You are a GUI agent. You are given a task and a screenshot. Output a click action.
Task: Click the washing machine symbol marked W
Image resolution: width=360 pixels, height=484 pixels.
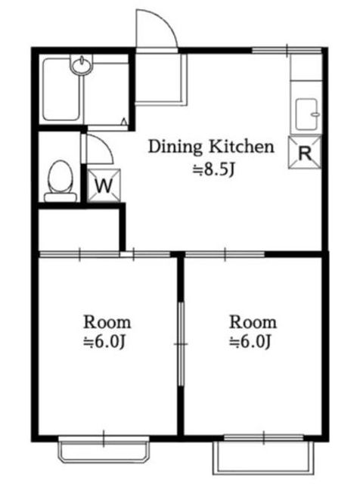tap(104, 185)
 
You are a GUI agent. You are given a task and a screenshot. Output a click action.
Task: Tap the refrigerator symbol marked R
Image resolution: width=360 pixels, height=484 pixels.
tap(305, 153)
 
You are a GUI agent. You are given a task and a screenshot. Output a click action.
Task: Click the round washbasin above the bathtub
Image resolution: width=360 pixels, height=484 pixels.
tap(81, 64)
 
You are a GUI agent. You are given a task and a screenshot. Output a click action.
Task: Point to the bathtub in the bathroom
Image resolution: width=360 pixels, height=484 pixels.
tap(61, 89)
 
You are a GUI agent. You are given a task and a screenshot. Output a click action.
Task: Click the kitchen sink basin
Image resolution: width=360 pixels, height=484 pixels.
tap(307, 114)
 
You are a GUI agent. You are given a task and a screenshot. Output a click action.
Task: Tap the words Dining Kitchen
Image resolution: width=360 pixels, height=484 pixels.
tap(211, 147)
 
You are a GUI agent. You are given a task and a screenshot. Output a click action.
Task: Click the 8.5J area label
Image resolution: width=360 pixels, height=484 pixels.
tap(214, 169)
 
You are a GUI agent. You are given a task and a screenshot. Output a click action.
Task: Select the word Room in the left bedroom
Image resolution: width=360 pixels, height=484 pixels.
tap(107, 322)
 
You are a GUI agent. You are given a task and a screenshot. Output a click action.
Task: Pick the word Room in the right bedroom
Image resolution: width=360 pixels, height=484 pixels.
tap(253, 322)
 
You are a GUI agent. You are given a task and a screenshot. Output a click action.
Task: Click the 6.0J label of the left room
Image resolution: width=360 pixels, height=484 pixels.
tap(104, 342)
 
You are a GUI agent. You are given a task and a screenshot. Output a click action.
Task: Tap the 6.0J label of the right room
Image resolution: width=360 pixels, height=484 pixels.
tap(250, 342)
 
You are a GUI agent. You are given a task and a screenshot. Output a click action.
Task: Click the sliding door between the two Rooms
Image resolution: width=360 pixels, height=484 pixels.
tap(182, 344)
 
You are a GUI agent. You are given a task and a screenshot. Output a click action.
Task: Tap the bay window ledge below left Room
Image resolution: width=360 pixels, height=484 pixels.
tap(104, 451)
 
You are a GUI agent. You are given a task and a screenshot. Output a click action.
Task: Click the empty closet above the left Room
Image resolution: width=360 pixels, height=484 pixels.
tap(79, 229)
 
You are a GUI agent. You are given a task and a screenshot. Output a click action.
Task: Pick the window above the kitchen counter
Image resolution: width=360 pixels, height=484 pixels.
tap(287, 50)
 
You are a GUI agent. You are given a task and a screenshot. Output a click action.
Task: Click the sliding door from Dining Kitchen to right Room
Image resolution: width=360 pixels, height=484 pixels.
tap(225, 255)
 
